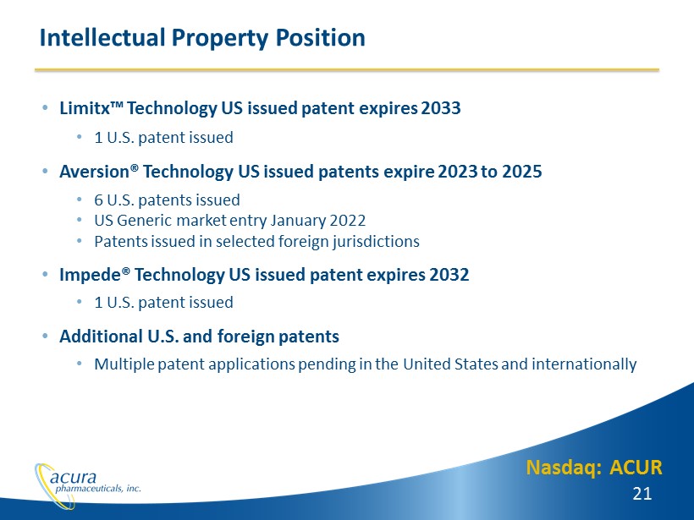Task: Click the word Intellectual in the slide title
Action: coord(102,37)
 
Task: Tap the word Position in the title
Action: coord(321,37)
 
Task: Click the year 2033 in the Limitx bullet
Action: coord(441,108)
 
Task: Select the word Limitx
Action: coord(85,108)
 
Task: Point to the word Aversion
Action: coord(94,171)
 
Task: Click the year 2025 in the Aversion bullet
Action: coord(522,171)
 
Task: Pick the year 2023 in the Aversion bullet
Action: coord(458,171)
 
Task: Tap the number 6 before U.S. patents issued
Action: coord(99,200)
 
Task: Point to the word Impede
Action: coord(91,275)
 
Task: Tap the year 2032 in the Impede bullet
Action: coord(449,275)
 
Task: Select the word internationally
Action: coord(584,364)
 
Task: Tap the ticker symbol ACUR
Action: coord(636,468)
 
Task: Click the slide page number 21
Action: coord(642,494)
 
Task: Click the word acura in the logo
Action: coord(73,477)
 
